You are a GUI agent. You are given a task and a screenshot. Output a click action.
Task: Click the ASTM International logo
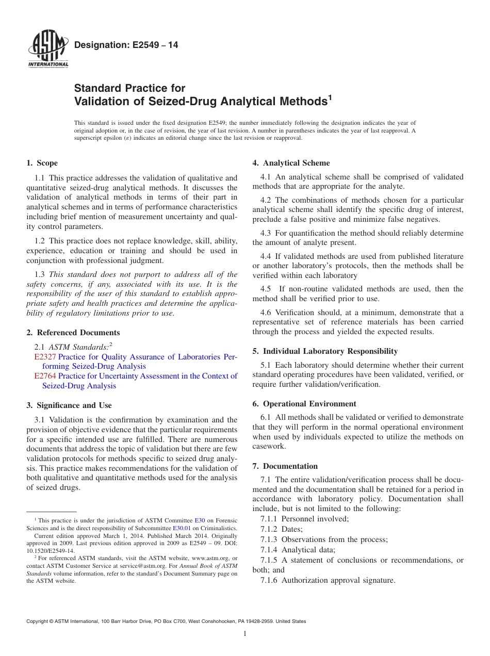(x=47, y=51)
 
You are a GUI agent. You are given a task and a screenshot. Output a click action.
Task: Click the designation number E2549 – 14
(x=126, y=45)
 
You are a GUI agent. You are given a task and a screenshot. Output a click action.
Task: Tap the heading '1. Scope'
(x=42, y=163)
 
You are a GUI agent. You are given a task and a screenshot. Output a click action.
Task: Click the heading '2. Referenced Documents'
(x=73, y=333)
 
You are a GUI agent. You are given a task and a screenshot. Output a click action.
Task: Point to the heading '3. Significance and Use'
(x=69, y=405)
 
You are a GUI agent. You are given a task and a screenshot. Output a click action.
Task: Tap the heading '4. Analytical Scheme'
(x=291, y=163)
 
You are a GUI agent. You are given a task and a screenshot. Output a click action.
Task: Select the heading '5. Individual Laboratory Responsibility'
(x=325, y=351)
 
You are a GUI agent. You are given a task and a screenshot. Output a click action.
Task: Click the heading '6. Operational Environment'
(x=304, y=404)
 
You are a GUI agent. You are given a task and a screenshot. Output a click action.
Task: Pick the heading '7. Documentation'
(x=285, y=466)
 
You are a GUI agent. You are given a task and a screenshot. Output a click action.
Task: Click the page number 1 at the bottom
(x=245, y=634)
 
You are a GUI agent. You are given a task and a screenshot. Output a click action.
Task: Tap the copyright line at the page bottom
(x=166, y=621)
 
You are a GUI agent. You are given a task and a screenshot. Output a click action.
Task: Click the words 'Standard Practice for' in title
(x=129, y=88)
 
